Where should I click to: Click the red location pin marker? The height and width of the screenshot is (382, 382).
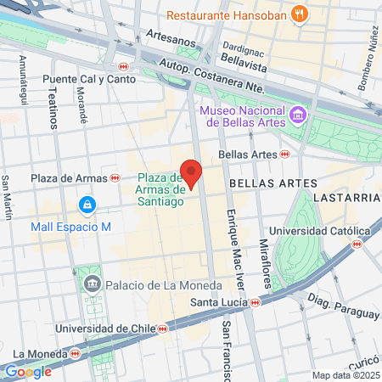192,174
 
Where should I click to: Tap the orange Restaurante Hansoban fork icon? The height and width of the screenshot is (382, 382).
298,14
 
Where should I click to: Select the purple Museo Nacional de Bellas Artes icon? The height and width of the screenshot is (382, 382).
296,114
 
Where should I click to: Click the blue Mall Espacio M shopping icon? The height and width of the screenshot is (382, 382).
87,205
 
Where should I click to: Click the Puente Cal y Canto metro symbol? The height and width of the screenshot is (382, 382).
124,66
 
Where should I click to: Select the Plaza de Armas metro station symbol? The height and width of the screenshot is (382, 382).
115,178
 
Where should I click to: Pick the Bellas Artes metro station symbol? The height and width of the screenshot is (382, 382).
285,154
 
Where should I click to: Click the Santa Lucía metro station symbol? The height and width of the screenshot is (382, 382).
254,302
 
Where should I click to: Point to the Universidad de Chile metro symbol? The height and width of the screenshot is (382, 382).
161,329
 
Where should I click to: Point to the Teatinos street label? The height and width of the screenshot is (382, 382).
53,110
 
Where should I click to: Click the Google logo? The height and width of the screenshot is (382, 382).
28,371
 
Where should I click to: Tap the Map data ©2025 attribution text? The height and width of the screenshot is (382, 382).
344,375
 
